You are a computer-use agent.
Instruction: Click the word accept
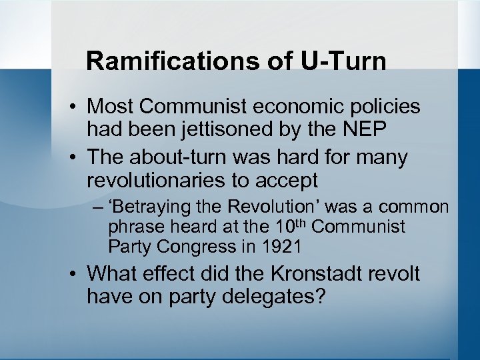point(287,180)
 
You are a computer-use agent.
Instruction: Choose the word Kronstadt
point(313,273)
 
